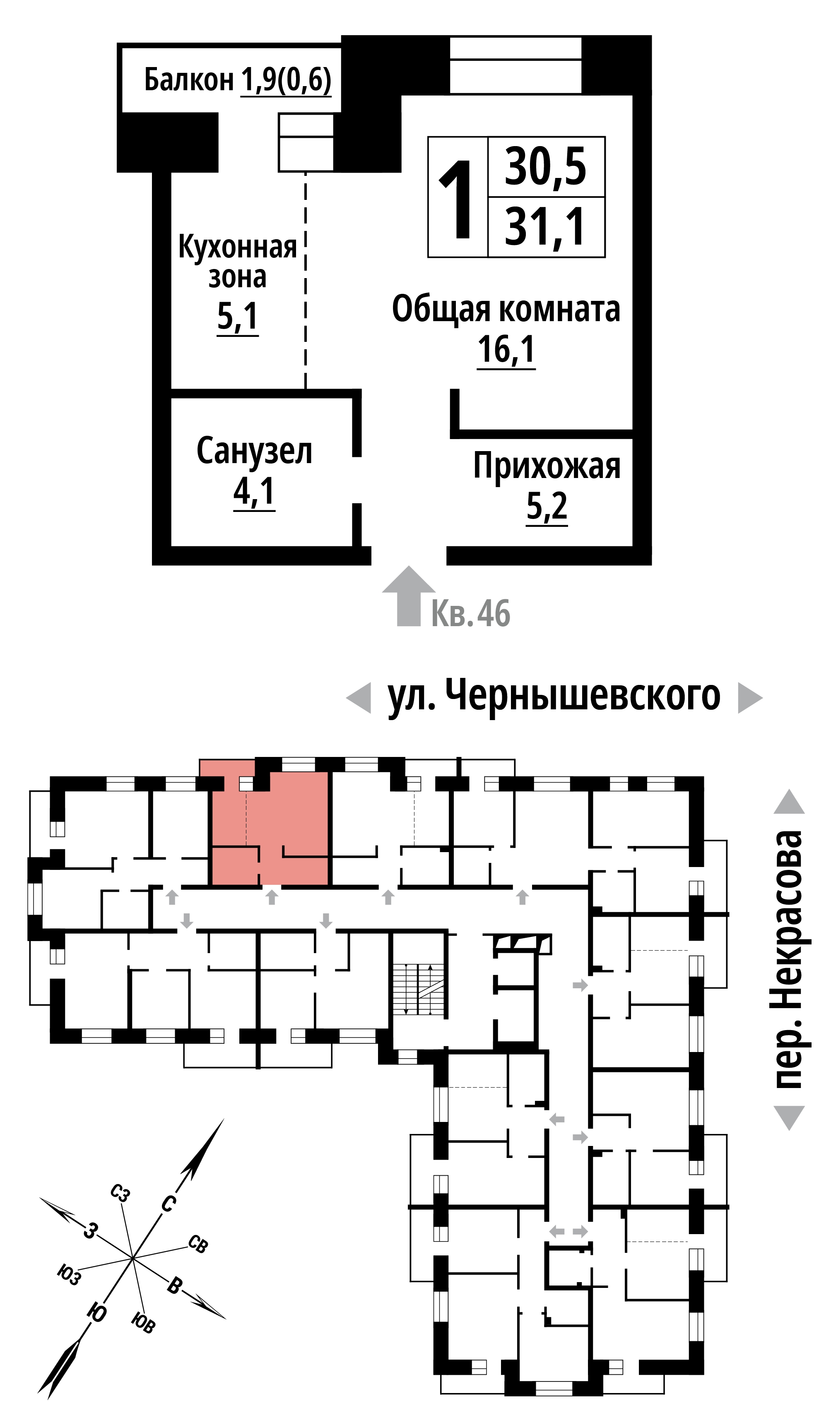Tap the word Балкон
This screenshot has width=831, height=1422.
click(x=188, y=79)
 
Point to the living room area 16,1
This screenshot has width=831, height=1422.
click(x=506, y=350)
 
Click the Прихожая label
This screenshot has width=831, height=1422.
click(x=547, y=466)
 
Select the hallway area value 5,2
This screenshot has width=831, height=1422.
click(x=547, y=506)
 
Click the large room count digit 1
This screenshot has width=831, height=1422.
click(x=457, y=198)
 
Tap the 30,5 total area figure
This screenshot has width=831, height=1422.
click(x=545, y=167)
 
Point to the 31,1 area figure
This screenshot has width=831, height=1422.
click(x=545, y=227)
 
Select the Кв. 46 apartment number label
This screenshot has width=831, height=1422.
click(x=471, y=613)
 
